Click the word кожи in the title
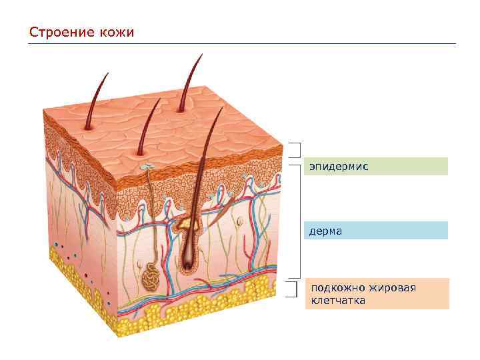tap(116, 32)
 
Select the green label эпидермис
tap(376, 166)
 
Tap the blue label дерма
tap(376, 231)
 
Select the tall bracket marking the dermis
tap(301, 220)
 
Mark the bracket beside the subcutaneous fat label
tap(292, 289)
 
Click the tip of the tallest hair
tap(202, 55)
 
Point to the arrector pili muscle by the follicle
tap(222, 200)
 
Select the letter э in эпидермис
tap(311, 166)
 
